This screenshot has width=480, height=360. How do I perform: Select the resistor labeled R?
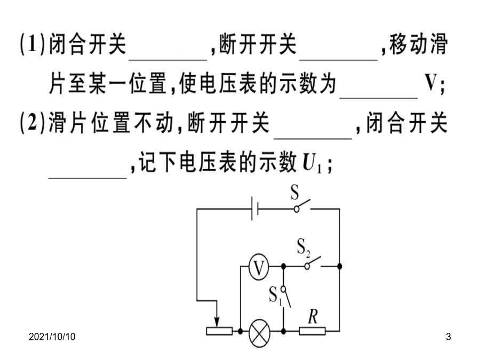click(x=312, y=331)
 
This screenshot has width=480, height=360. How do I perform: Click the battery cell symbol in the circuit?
click(x=255, y=209)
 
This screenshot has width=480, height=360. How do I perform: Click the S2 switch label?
click(x=303, y=247)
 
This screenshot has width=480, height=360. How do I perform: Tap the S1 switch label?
click(x=275, y=296)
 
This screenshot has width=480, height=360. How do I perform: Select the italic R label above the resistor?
click(x=313, y=316)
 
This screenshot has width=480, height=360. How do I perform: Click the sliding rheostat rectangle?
click(x=219, y=331)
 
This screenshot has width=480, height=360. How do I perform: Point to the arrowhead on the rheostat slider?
click(x=217, y=323)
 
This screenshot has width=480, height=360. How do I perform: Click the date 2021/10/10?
click(x=52, y=337)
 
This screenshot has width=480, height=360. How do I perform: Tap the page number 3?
click(x=449, y=337)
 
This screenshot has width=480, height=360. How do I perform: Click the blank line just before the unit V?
click(x=379, y=98)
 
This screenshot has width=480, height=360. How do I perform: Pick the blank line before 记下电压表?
click(x=87, y=178)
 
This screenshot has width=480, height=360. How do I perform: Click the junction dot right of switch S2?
click(x=340, y=266)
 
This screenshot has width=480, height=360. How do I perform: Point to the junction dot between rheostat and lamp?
click(x=241, y=331)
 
